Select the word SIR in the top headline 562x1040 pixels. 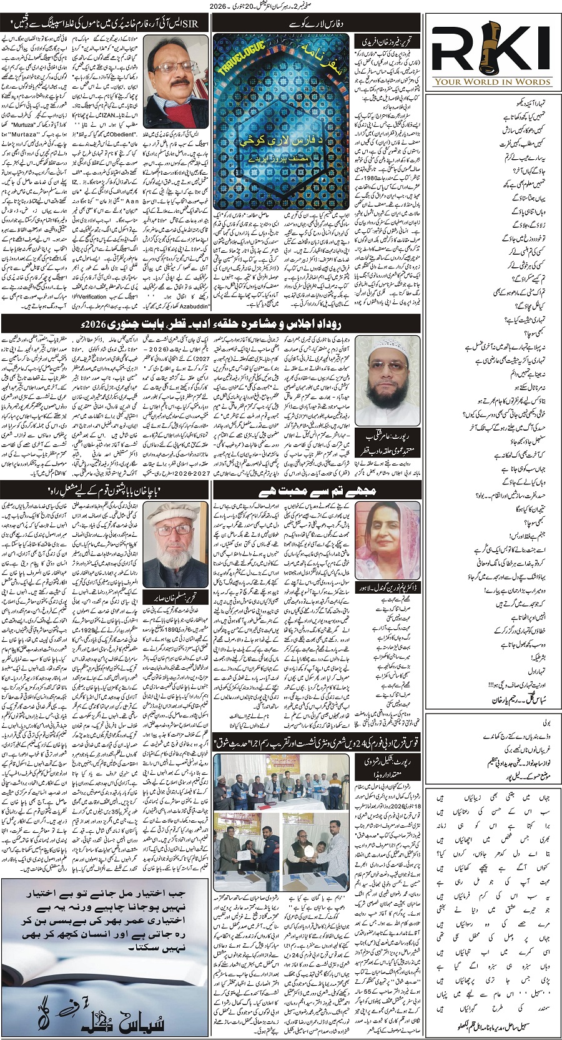click(x=187, y=24)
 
